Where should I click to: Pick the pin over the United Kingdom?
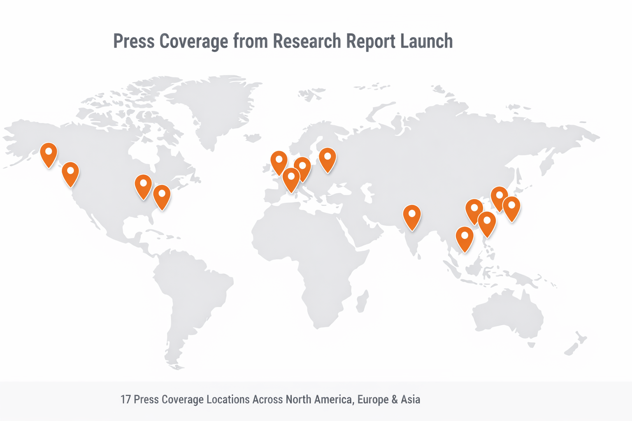279,161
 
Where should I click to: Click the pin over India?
412,215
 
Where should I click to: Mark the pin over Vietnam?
465,237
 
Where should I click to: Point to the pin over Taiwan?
487,222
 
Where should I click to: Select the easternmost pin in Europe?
328,158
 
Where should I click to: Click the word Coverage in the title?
193,42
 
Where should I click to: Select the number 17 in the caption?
125,400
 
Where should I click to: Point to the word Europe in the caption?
372,400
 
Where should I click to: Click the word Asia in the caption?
410,400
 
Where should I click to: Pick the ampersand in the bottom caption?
395,400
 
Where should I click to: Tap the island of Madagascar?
362,301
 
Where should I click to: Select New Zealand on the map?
576,345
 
